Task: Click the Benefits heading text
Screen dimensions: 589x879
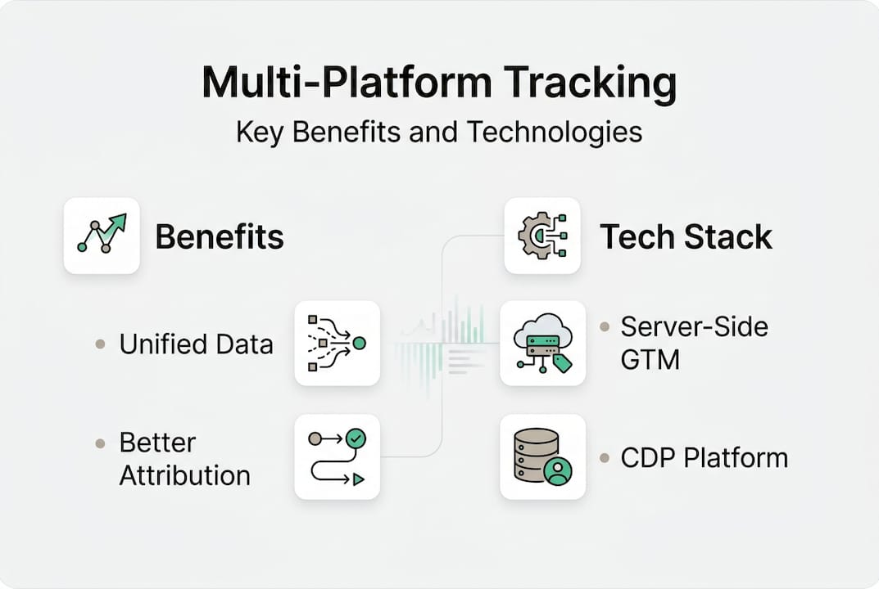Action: pos(220,237)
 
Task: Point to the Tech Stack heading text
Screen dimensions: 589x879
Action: pos(686,237)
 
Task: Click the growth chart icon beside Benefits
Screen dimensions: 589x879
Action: pos(102,235)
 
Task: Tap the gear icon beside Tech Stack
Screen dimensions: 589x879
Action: pos(541,235)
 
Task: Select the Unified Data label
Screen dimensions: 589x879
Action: pos(196,344)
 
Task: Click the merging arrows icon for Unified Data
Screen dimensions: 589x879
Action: pos(337,343)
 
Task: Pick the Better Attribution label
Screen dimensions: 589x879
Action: pos(185,459)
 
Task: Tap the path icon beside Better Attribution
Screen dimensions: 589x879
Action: pos(337,456)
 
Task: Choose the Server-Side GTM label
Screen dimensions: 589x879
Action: pos(694,343)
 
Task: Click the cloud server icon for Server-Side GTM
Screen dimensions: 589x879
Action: pos(541,343)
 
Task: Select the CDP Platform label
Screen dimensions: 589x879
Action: pos(704,458)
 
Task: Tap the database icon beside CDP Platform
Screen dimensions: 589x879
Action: pos(541,456)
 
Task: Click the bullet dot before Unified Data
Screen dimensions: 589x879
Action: pos(100,344)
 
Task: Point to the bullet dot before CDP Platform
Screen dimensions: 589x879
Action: pos(605,458)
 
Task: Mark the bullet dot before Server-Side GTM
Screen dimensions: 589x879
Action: pos(605,327)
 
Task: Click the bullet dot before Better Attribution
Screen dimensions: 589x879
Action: pos(100,443)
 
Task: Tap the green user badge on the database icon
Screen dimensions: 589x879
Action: pos(559,472)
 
